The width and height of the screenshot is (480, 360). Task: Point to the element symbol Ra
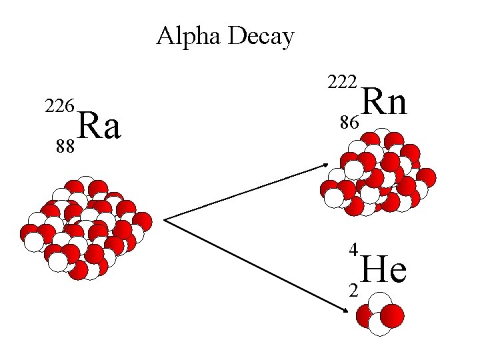pos(100,127)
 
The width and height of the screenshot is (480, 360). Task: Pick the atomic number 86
pos(349,123)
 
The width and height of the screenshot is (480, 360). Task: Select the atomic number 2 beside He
pos(354,289)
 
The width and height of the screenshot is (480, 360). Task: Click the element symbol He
pos(385,269)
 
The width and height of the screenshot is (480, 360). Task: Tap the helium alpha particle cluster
pos(380,315)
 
